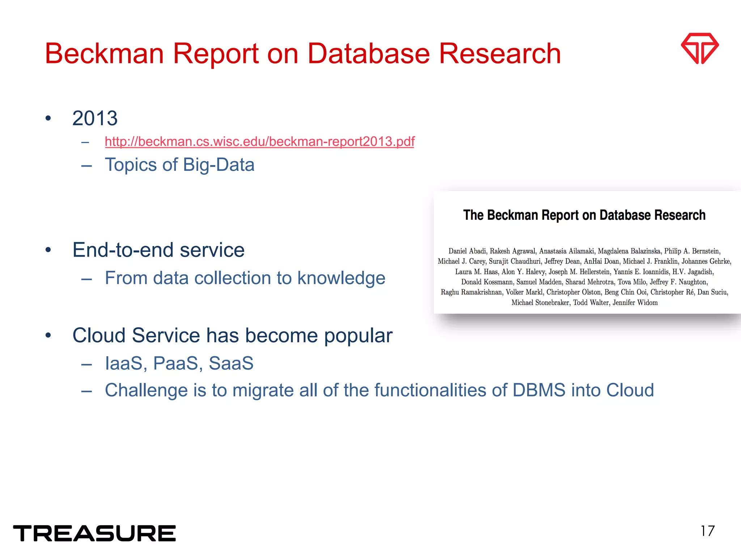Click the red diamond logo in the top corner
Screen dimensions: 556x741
point(700,48)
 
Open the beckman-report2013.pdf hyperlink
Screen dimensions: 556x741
point(259,141)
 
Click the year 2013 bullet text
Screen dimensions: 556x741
point(95,118)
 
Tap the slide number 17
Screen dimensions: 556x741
point(707,531)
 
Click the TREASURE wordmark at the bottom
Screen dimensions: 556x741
point(94,533)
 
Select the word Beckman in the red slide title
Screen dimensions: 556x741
point(104,54)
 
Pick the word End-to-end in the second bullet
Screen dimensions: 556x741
point(123,250)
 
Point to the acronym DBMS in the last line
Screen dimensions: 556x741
point(539,390)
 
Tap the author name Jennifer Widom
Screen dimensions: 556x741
point(635,303)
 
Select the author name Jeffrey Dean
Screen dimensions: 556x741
point(562,261)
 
